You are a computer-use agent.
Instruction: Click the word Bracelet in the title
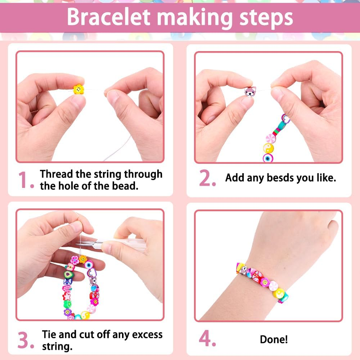108,17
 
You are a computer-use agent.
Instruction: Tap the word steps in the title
266,18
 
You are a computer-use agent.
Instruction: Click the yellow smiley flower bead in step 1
78,89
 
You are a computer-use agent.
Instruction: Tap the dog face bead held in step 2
250,91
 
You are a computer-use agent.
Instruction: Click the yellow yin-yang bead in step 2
268,148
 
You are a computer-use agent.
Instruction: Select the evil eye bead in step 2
268,158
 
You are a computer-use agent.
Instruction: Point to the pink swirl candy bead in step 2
270,139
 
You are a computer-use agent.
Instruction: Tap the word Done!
274,339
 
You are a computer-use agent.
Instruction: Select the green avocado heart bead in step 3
68,274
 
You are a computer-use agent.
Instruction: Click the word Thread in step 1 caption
56,174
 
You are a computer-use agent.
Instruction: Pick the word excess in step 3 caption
147,334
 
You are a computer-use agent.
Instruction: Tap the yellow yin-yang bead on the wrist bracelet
279,293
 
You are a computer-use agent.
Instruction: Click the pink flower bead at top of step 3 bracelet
75,260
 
